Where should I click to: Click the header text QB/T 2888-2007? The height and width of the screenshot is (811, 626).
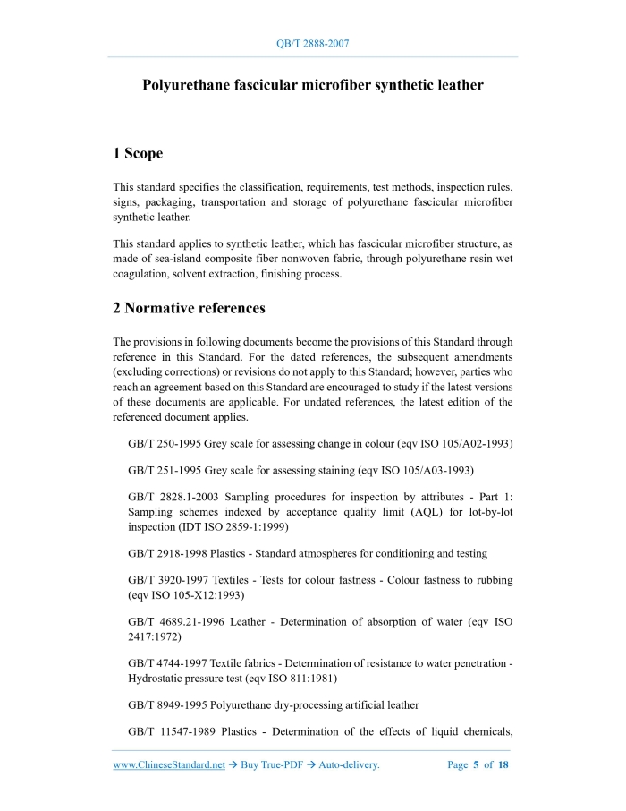click(313, 43)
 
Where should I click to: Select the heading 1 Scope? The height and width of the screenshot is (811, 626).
click(138, 153)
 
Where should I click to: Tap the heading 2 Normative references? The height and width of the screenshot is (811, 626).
click(189, 308)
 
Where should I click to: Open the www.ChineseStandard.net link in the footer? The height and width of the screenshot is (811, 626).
click(169, 765)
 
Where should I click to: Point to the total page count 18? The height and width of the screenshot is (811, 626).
click(503, 765)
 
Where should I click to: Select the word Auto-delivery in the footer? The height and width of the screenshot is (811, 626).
click(349, 765)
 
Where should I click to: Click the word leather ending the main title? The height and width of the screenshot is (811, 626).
click(457, 86)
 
